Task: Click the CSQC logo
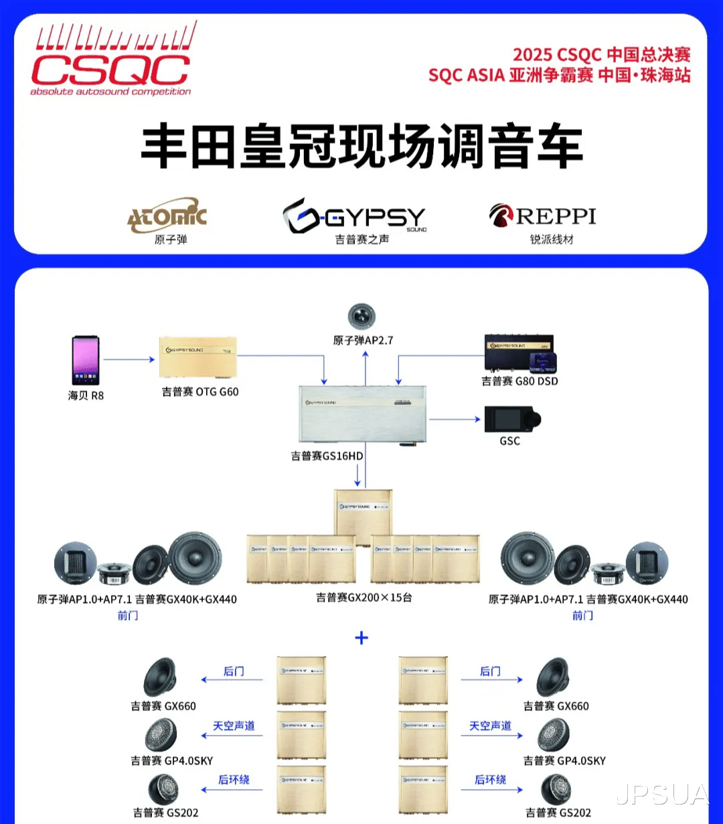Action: point(111,60)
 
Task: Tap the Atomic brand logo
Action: point(167,216)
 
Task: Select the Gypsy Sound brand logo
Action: point(354,216)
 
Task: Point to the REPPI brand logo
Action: point(542,216)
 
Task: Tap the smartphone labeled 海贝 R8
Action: point(86,361)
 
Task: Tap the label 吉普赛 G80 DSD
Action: point(519,381)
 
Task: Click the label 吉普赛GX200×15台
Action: point(364,597)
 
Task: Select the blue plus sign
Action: point(361,637)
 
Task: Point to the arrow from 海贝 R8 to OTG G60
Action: point(129,360)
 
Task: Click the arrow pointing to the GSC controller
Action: point(455,420)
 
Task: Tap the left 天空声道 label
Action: point(234,726)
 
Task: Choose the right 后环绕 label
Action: point(490,780)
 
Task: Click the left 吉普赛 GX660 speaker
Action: point(160,677)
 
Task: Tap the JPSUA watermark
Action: point(661,795)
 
